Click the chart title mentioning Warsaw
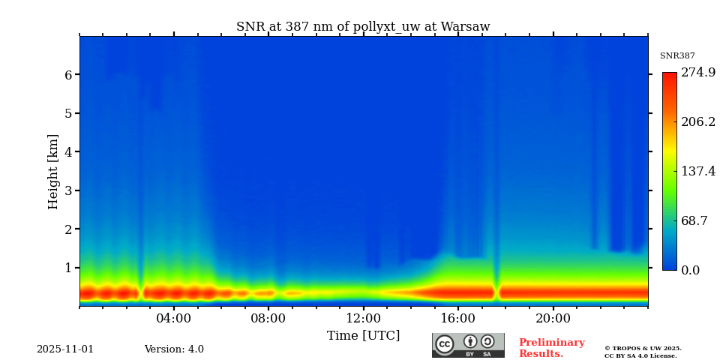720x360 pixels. tap(363, 27)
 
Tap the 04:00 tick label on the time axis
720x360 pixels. tap(174, 318)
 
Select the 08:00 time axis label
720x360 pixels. tap(268, 318)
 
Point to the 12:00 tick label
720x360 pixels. tap(364, 318)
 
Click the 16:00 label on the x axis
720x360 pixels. tap(458, 318)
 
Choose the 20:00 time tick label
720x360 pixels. tap(553, 318)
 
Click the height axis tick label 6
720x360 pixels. tap(67, 75)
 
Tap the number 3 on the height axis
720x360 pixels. tap(67, 190)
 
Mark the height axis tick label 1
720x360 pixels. tap(67, 268)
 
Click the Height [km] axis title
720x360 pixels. tap(53, 171)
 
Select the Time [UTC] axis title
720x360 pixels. tap(364, 335)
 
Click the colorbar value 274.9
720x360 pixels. tap(697, 73)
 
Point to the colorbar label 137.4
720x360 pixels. tap(697, 171)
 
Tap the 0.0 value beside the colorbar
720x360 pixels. tap(691, 270)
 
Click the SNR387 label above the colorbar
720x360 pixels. tap(677, 56)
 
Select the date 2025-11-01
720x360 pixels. tap(65, 349)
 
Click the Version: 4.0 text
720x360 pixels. tap(174, 349)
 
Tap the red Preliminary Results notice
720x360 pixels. tap(551, 348)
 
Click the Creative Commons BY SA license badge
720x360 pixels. tap(468, 345)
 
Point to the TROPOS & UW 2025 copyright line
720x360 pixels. tap(643, 348)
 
